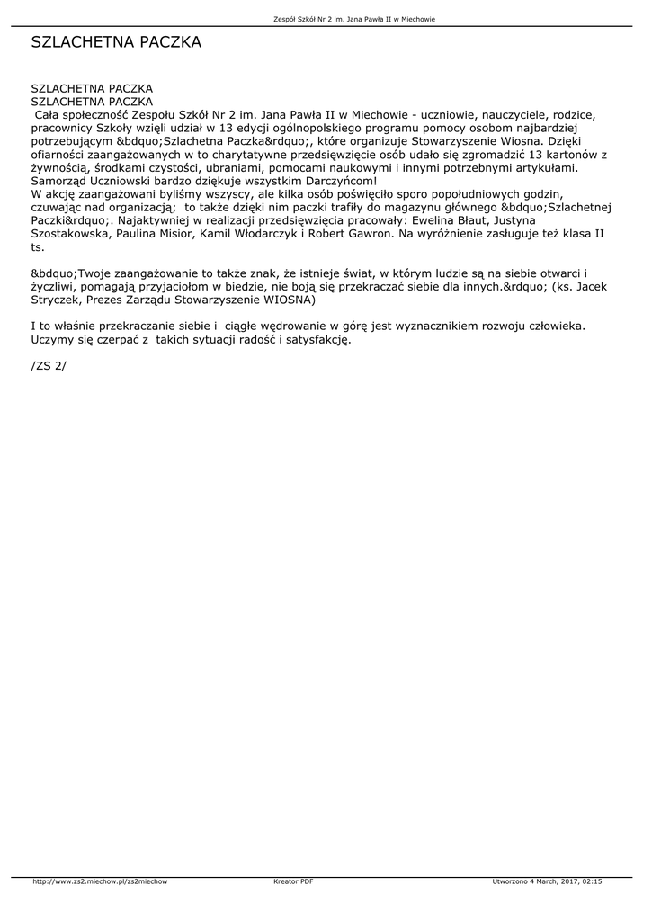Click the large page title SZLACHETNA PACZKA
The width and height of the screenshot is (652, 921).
116,42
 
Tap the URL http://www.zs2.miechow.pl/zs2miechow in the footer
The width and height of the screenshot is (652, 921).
100,881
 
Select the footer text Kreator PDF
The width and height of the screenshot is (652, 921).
293,881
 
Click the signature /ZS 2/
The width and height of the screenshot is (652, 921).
49,367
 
